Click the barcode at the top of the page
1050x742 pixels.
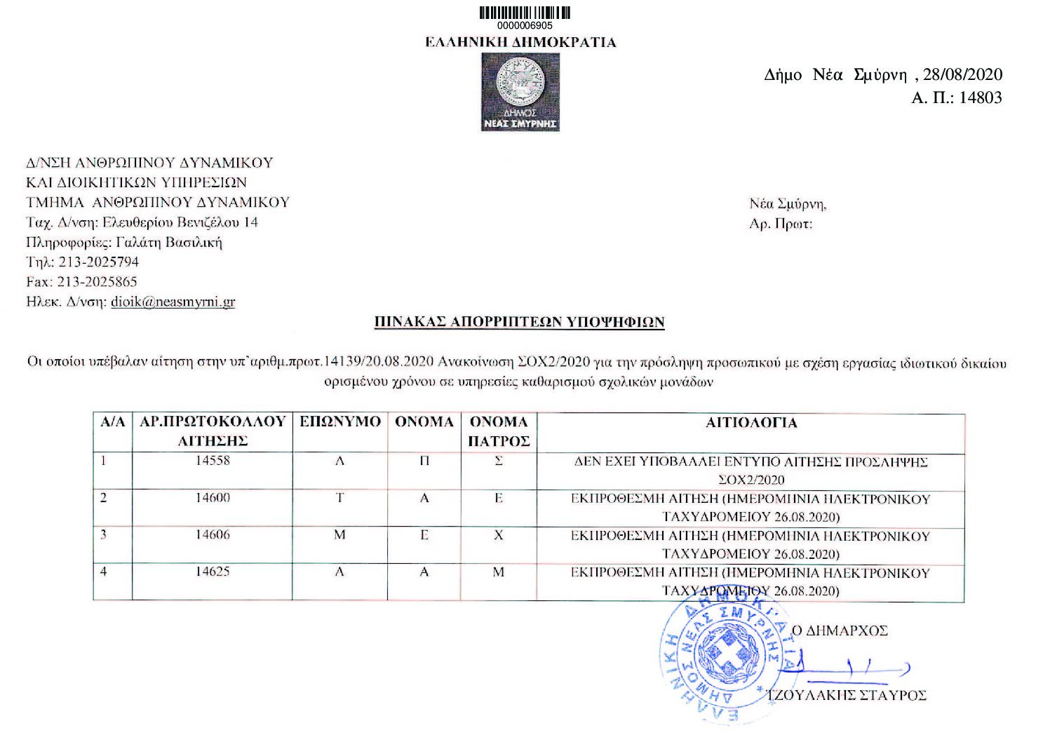pyautogui.click(x=525, y=13)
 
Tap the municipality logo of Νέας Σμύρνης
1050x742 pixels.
pyautogui.click(x=520, y=92)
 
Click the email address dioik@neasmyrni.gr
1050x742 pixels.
pyautogui.click(x=173, y=302)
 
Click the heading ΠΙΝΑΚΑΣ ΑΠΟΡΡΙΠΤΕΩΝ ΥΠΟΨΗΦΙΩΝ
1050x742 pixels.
pyautogui.click(x=518, y=323)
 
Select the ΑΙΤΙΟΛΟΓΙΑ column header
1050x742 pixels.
pyautogui.click(x=751, y=423)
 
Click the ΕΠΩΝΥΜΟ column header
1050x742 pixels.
pyautogui.click(x=340, y=422)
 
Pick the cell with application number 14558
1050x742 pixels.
pyautogui.click(x=213, y=461)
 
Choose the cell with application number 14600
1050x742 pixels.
pyautogui.click(x=213, y=499)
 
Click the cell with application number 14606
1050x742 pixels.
pyautogui.click(x=213, y=535)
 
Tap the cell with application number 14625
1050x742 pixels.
pyautogui.click(x=213, y=572)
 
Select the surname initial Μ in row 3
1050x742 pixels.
pyautogui.click(x=339, y=535)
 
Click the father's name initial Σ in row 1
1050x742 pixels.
pyautogui.click(x=499, y=461)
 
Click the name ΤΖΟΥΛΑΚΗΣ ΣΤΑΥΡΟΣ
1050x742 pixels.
pyautogui.click(x=847, y=695)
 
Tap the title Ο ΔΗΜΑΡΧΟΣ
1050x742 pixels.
pyautogui.click(x=840, y=630)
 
